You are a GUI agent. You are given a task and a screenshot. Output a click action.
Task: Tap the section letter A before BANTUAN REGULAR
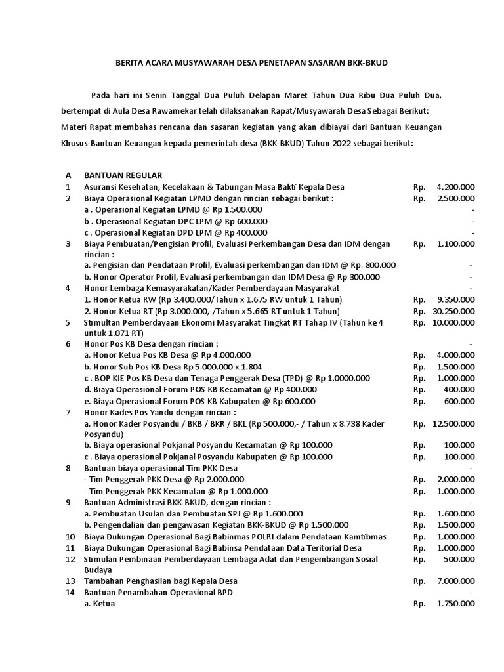click(68, 175)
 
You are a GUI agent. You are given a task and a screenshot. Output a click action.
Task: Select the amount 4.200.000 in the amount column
click(455, 187)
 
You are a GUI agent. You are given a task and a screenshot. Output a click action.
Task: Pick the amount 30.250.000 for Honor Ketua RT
click(453, 311)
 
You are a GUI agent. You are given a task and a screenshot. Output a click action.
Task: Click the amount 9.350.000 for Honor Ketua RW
click(455, 299)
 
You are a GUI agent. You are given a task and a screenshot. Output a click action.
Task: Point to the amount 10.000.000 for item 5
click(453, 322)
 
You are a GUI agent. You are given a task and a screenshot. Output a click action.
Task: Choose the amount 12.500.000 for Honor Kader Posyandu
click(453, 424)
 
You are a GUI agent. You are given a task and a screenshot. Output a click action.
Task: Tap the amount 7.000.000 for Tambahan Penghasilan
click(455, 581)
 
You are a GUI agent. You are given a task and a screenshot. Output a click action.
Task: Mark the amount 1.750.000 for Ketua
click(455, 604)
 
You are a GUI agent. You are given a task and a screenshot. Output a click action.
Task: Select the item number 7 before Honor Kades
click(68, 412)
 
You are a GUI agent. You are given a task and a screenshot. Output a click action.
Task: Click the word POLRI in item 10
click(268, 537)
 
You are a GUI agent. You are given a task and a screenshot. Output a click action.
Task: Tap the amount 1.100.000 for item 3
click(455, 243)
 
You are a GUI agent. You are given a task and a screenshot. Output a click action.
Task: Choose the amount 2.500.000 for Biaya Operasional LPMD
click(455, 198)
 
